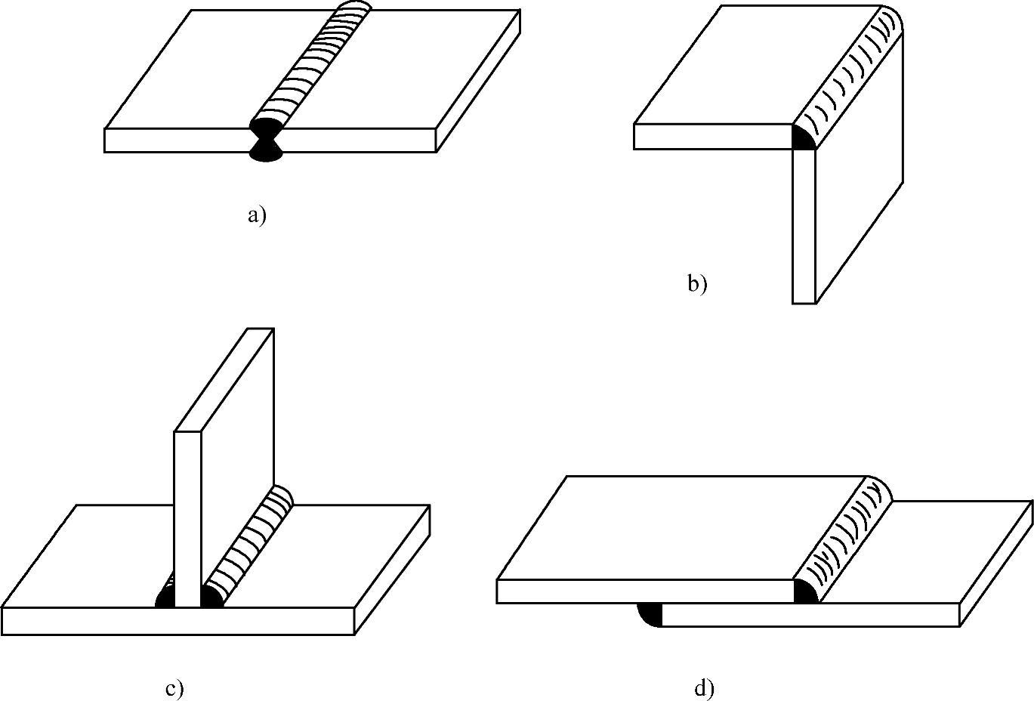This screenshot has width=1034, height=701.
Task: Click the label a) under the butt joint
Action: [x=257, y=216]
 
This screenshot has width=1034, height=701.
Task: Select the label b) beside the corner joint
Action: [x=696, y=284]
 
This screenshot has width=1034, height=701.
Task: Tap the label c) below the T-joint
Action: [x=174, y=689]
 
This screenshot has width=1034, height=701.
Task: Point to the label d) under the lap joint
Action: [x=703, y=688]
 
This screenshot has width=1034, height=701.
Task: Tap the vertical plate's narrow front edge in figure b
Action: [x=804, y=227]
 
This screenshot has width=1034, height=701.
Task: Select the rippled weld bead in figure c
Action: [x=249, y=544]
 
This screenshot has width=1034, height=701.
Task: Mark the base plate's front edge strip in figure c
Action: [x=177, y=621]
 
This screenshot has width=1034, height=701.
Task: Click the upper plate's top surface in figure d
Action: [x=680, y=529]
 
